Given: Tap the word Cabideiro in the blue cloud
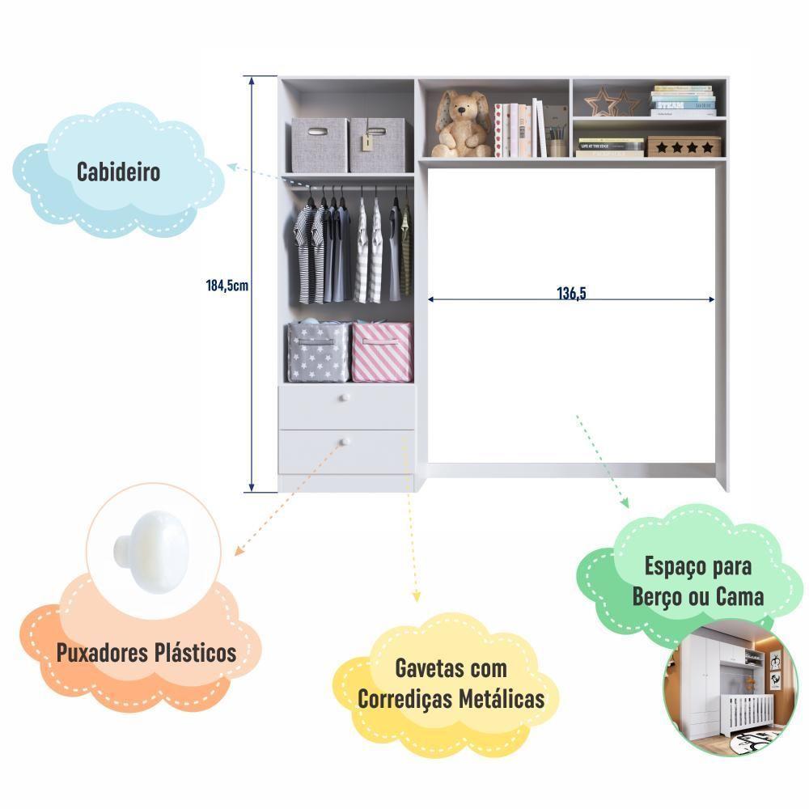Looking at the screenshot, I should [x=118, y=172].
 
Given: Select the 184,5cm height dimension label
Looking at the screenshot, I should [x=226, y=285].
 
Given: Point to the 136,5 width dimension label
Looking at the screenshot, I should [x=571, y=294].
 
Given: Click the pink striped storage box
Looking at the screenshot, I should [x=381, y=352].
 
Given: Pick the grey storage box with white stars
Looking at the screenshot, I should [x=319, y=353].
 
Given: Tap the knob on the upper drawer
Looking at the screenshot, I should [x=343, y=398].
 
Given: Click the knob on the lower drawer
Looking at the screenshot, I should [x=343, y=442].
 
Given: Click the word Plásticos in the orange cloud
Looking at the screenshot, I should [x=197, y=653].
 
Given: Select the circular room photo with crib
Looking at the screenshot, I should [x=719, y=688].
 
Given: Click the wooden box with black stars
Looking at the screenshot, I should [x=683, y=146].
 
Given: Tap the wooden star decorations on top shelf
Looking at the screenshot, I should [x=612, y=103].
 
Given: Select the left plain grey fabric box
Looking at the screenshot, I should [x=319, y=145].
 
